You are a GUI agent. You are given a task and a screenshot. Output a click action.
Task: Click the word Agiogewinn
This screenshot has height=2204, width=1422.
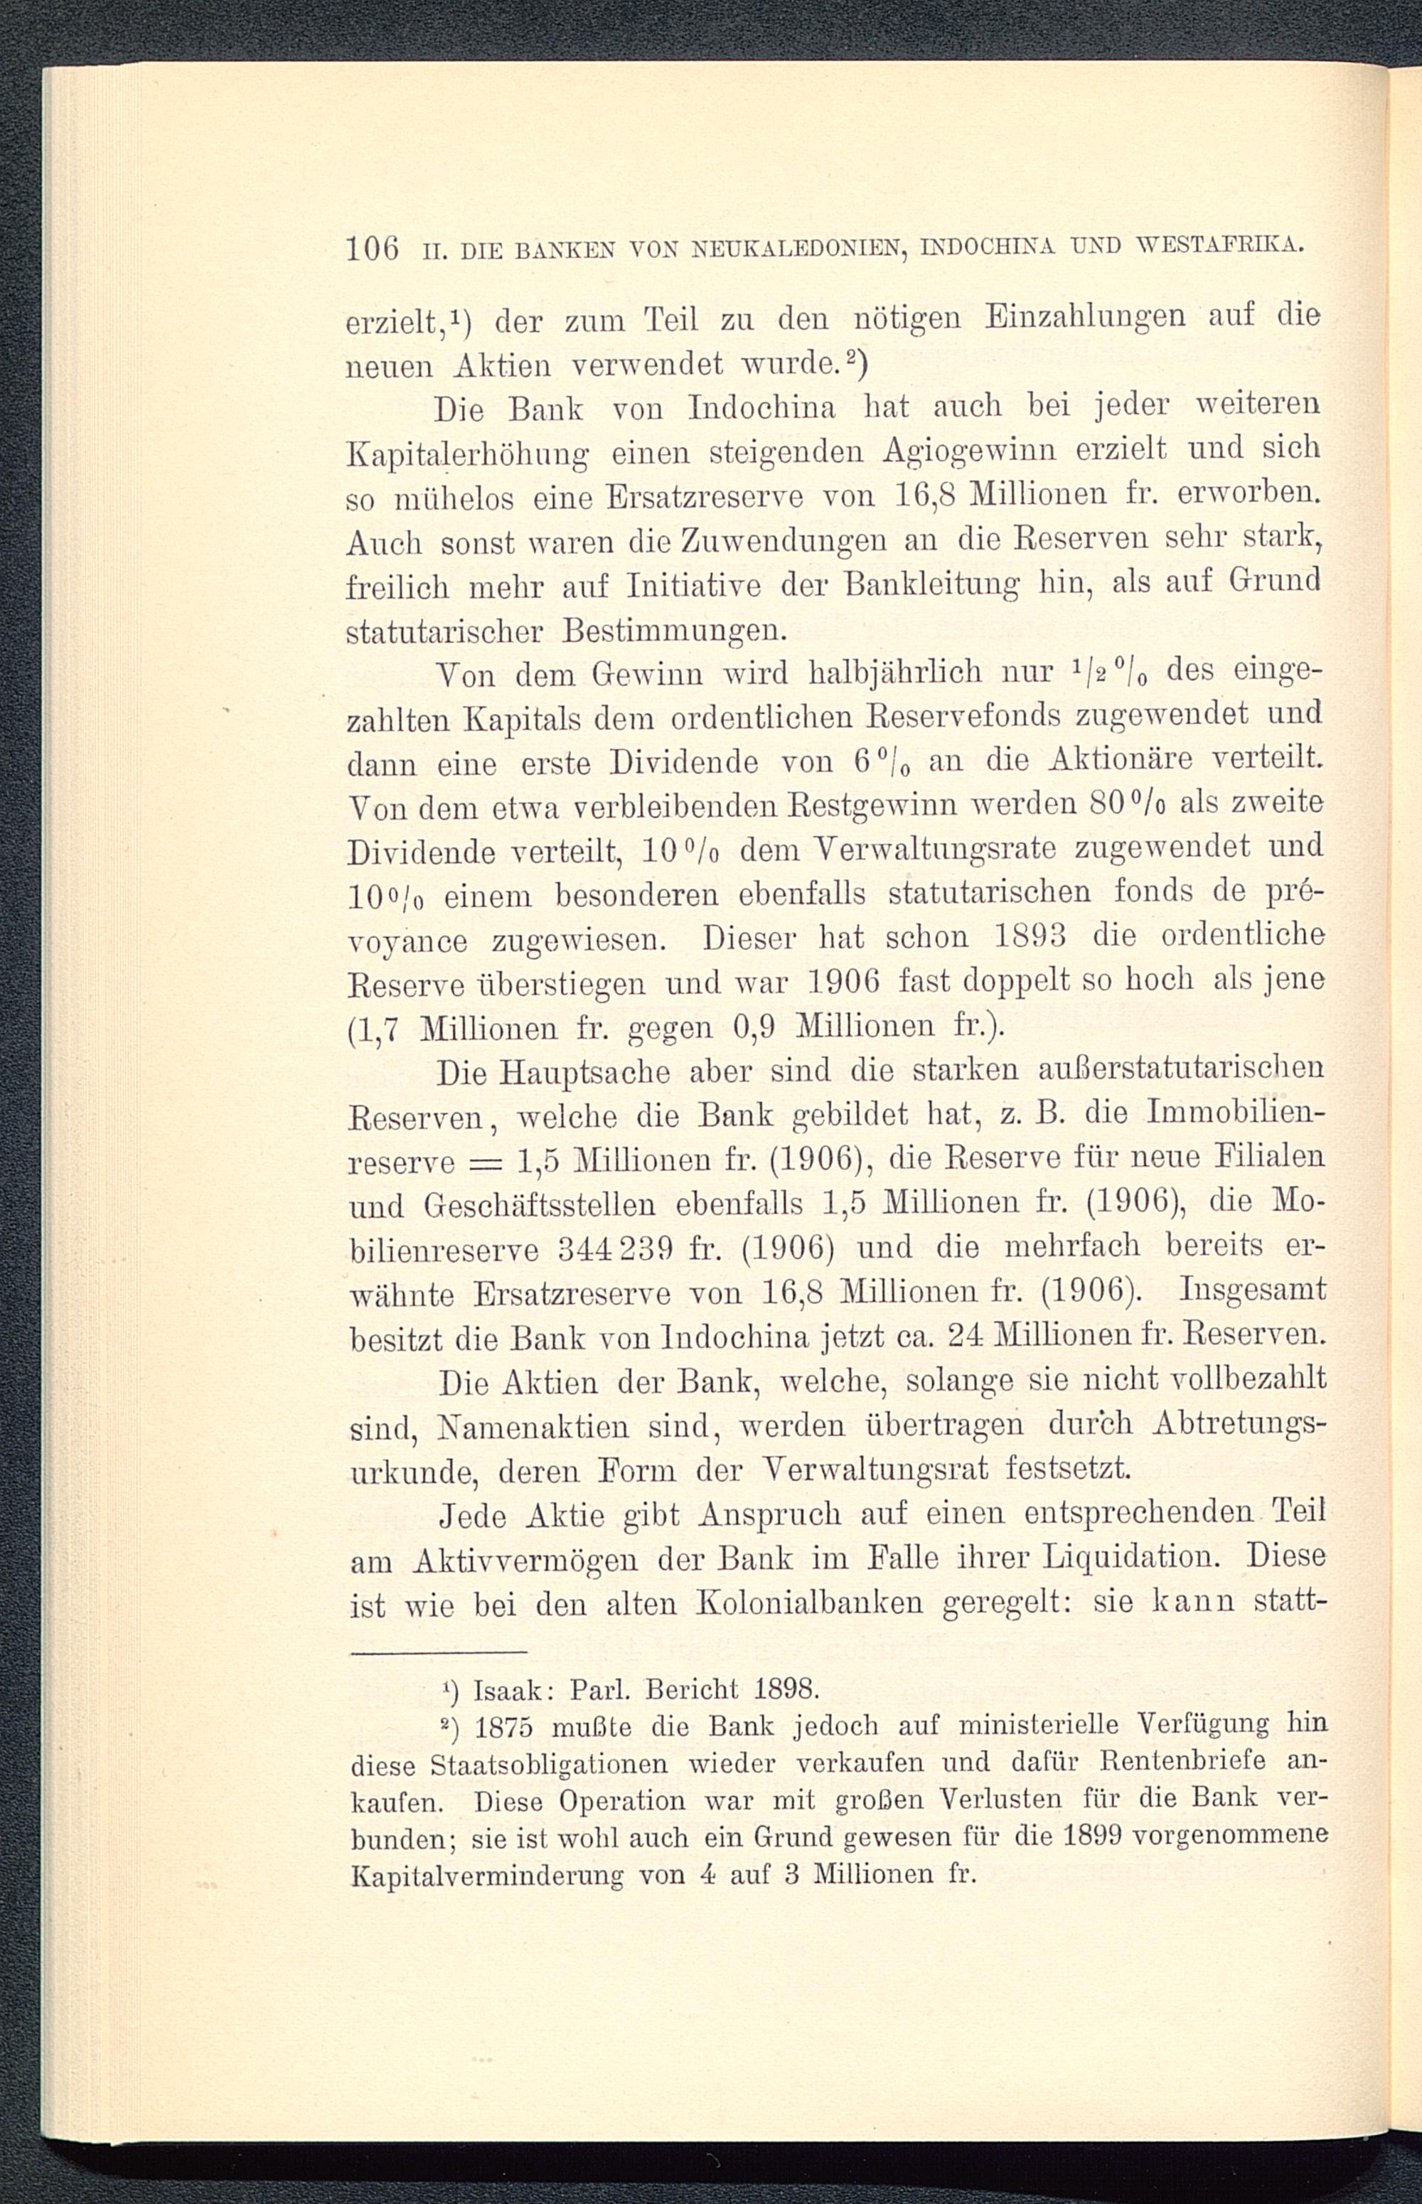(985, 451)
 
